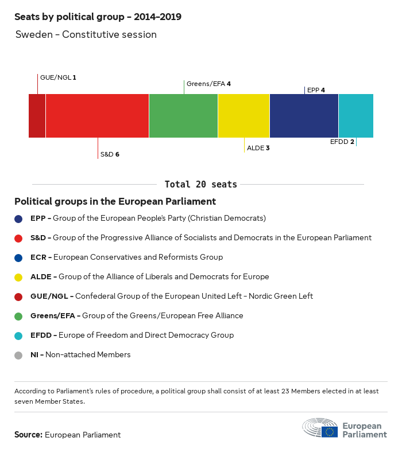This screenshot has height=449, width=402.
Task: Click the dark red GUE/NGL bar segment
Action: tap(37, 116)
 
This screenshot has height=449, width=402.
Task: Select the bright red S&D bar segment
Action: tap(97, 116)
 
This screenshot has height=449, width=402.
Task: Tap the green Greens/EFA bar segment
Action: tap(183, 116)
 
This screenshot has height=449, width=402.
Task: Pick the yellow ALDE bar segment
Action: tap(243, 116)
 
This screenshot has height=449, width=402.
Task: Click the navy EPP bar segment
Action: tap(304, 116)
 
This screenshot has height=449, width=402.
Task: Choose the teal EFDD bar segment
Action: tap(355, 116)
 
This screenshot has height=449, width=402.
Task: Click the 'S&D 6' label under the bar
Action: tap(110, 154)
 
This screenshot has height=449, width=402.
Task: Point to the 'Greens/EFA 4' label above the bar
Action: tap(208, 84)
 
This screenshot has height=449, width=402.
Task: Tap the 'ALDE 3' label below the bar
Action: tap(258, 148)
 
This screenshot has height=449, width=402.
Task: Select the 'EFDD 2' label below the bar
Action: tap(342, 142)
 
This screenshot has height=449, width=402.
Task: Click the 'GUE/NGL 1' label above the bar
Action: tap(58, 77)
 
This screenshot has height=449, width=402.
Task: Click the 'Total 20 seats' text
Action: tap(200, 184)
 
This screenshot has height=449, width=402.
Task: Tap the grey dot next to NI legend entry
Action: tap(18, 355)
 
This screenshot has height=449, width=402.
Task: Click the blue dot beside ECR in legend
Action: tap(18, 257)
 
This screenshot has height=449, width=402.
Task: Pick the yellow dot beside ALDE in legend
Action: tap(18, 277)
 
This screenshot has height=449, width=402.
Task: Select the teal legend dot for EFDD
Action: tap(18, 335)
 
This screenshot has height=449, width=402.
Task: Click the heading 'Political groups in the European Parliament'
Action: tap(115, 202)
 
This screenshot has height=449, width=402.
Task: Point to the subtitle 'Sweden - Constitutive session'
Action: tap(86, 34)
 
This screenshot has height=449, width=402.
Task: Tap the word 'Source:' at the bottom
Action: tap(28, 435)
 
